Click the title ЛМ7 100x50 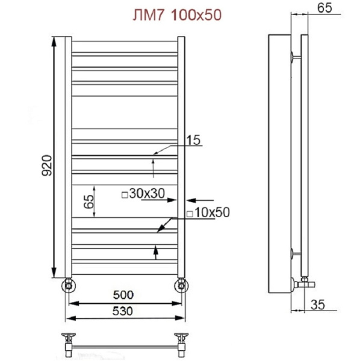coord(177,16)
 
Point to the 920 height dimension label coord(47,166)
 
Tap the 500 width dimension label coord(123,295)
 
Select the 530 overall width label coord(123,311)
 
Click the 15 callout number coord(193,140)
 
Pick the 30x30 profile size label coord(147,193)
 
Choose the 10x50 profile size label coord(212,212)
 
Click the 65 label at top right coord(324,8)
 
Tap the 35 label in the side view coord(318,304)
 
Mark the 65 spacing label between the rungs coord(89,202)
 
